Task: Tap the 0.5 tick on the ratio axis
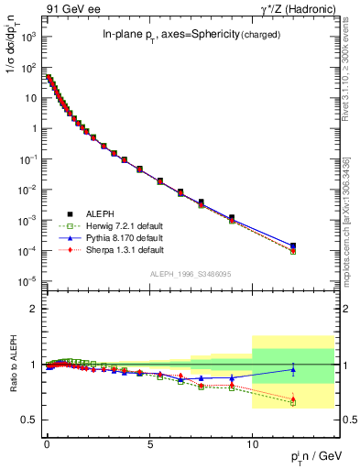click(33, 420)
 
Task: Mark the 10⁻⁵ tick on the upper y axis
click(29, 281)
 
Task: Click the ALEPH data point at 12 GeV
click(293, 245)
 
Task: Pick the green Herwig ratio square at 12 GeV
click(293, 402)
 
